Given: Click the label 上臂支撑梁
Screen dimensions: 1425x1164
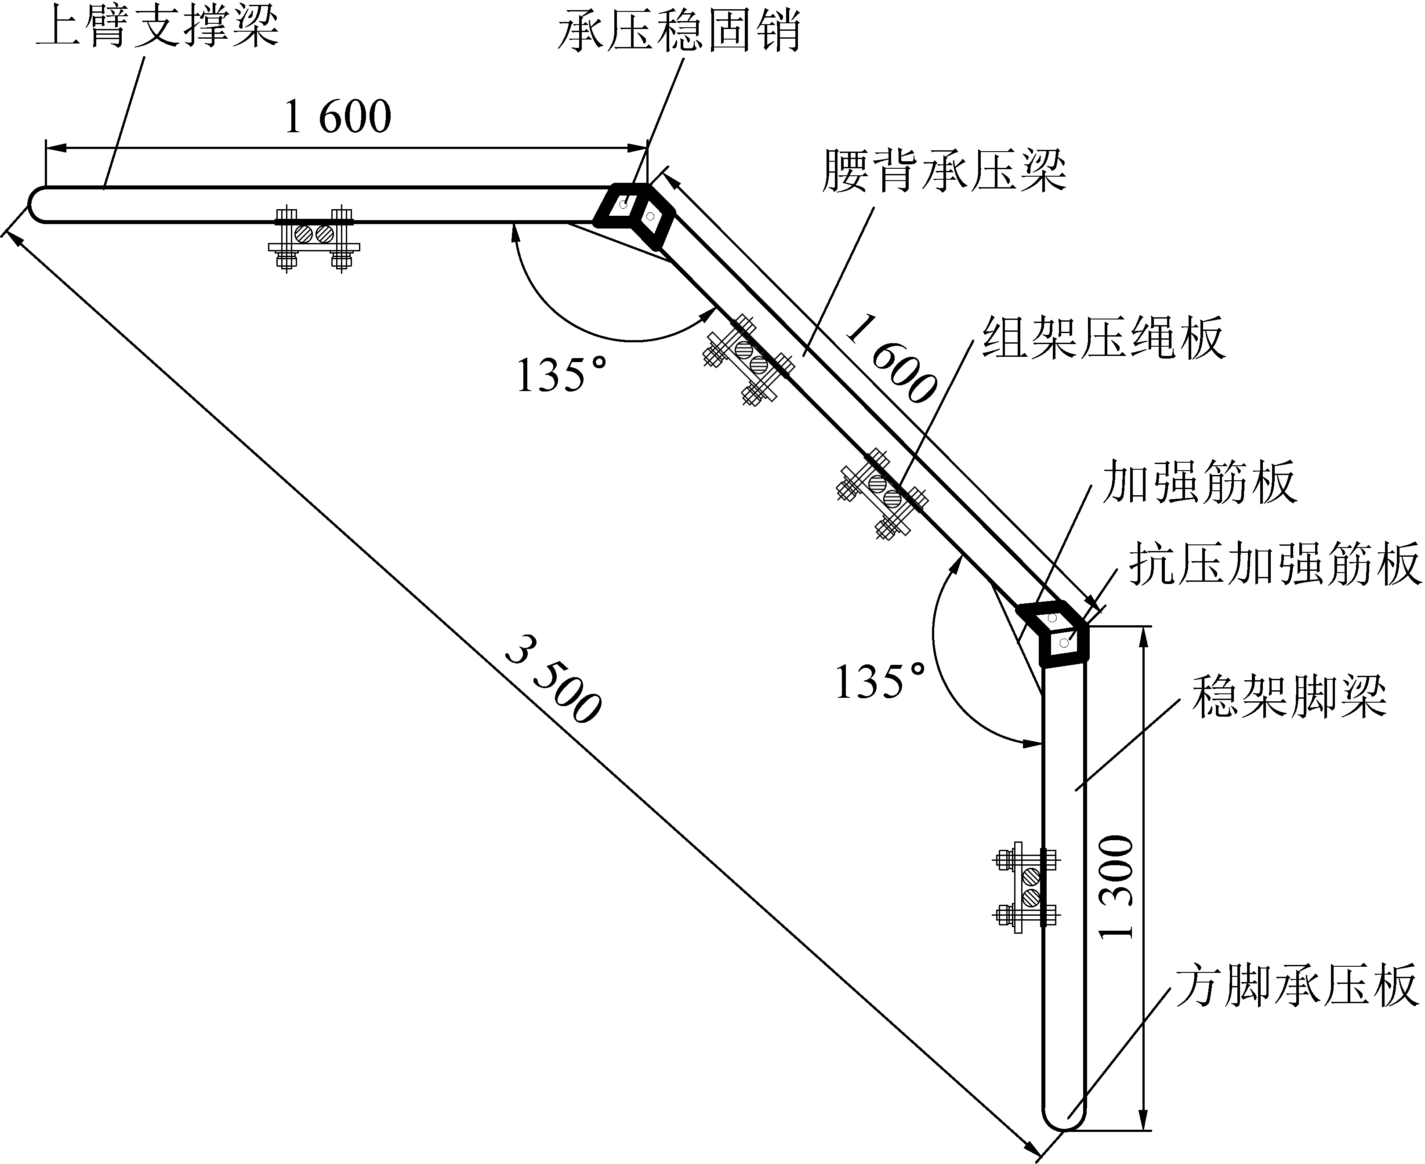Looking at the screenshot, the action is click(158, 27).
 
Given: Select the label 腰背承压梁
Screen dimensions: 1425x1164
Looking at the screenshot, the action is click(944, 170).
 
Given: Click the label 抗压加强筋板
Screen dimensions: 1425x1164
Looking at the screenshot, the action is click(1275, 564).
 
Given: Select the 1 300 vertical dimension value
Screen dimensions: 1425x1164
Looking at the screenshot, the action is click(1117, 886).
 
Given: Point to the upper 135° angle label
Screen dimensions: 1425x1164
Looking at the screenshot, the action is click(561, 374).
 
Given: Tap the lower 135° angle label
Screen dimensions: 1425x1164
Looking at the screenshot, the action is click(880, 682).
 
